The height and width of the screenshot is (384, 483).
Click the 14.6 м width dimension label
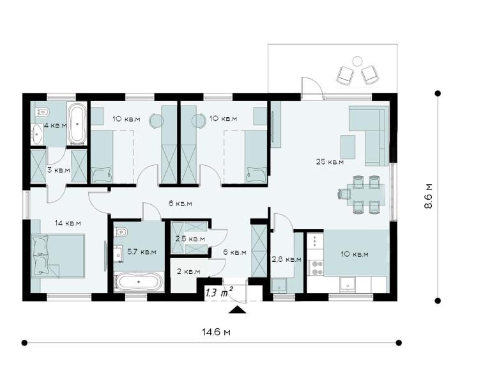click(216, 332)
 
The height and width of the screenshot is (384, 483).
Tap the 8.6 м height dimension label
click(429, 196)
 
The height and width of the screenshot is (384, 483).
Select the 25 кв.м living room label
click(330, 161)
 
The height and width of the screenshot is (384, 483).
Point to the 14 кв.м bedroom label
click(68, 223)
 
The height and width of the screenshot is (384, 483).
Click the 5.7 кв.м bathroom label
click(142, 252)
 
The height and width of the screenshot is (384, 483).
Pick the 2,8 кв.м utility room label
click(286, 259)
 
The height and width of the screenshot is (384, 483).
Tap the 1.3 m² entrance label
click(219, 292)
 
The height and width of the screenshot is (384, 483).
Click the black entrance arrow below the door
click(237, 310)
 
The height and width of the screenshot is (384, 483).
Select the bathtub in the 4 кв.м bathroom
click(77, 124)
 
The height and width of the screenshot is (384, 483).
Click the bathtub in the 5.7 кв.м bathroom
click(139, 282)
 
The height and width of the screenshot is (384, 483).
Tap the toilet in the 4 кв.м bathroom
click(43, 111)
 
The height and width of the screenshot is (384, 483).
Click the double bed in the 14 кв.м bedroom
click(57, 256)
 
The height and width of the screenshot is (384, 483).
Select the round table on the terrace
click(357, 61)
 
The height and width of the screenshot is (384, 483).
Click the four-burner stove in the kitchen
click(316, 268)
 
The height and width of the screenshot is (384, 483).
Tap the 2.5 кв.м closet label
click(190, 239)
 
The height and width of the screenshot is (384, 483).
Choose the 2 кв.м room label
click(188, 271)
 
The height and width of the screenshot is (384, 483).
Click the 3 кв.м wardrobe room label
click(59, 170)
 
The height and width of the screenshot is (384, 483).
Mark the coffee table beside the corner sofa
click(348, 147)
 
